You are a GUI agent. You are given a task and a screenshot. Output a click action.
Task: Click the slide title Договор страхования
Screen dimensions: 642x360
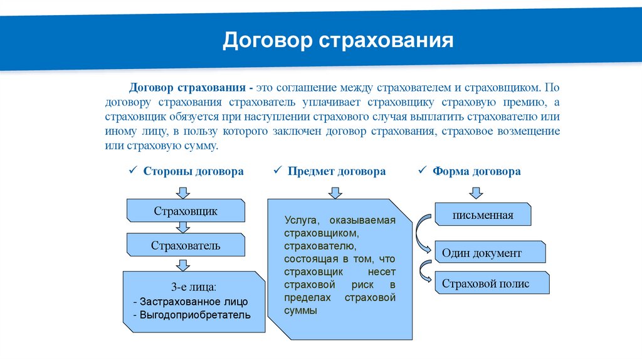(x=338, y=41)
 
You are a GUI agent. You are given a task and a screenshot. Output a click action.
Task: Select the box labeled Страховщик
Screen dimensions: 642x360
(x=186, y=211)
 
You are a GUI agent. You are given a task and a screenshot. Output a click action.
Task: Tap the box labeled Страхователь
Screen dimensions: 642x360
(x=186, y=245)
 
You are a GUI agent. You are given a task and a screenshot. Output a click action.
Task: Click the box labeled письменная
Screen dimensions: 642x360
(x=483, y=214)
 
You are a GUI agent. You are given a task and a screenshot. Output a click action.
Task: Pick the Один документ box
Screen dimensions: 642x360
(x=490, y=253)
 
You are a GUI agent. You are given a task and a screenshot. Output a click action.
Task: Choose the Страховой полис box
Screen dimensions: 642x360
(x=492, y=283)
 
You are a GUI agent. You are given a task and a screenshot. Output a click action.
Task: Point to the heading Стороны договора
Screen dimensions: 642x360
(x=193, y=171)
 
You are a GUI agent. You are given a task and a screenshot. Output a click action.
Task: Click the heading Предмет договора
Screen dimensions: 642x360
(x=337, y=171)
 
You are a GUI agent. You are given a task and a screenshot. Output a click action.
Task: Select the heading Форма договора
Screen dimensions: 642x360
(x=476, y=171)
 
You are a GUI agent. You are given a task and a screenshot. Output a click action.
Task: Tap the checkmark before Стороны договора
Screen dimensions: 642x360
(x=132, y=171)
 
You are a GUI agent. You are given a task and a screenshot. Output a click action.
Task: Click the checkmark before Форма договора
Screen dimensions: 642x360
(x=422, y=171)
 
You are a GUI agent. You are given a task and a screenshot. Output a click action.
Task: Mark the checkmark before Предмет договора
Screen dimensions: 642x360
(x=278, y=171)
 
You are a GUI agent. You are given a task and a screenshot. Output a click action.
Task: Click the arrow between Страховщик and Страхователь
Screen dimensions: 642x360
(x=183, y=228)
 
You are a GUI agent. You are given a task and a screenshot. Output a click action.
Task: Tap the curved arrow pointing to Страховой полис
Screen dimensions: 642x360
(x=424, y=273)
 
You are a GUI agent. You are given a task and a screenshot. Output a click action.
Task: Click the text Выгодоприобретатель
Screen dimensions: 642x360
(x=195, y=314)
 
